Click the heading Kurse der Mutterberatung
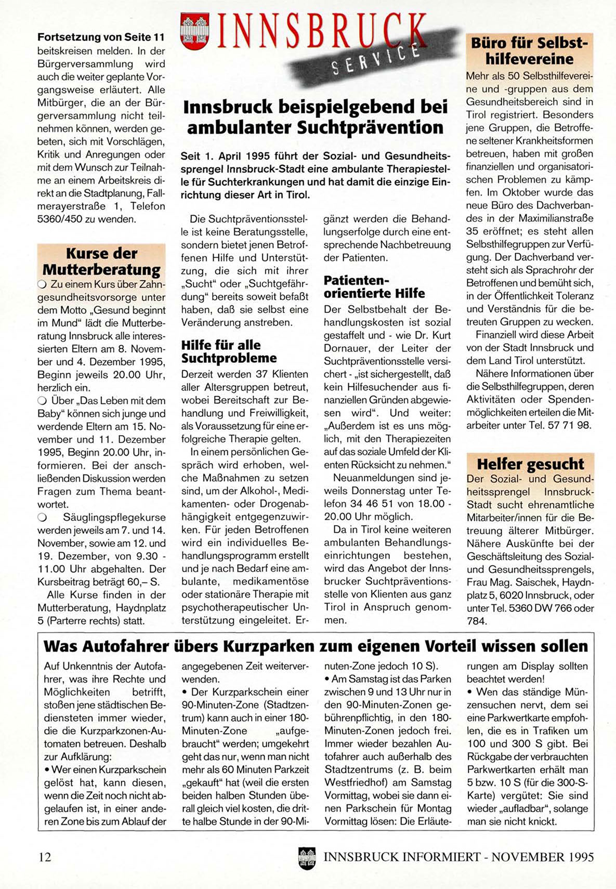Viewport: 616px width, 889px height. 101,262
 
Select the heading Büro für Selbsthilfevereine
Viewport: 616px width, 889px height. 529,50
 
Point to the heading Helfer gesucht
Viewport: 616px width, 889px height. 530,464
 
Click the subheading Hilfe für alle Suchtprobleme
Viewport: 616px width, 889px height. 229,351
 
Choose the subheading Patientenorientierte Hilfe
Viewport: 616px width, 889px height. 374,287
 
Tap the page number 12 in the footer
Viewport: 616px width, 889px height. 45,857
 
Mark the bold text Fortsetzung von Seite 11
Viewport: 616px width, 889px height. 101,37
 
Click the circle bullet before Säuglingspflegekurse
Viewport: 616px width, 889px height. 42,518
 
